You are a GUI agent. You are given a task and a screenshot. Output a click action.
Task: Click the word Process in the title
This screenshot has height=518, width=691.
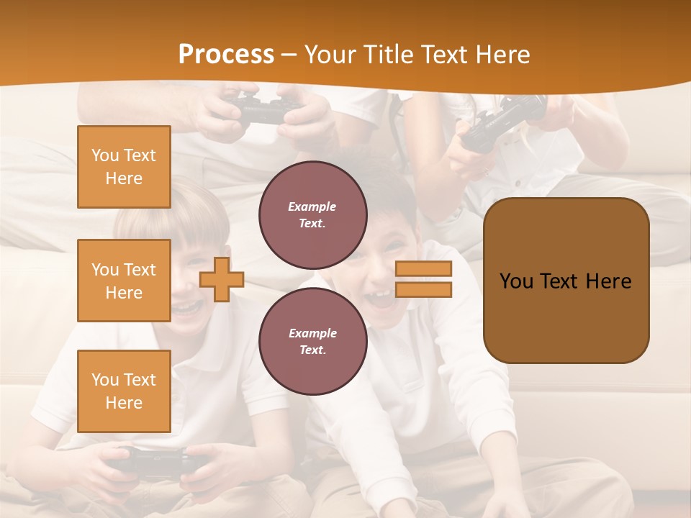click(x=226, y=55)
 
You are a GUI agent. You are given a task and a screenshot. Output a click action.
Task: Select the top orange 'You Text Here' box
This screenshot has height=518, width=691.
click(x=124, y=167)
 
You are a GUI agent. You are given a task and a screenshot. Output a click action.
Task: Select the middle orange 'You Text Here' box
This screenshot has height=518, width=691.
click(x=124, y=281)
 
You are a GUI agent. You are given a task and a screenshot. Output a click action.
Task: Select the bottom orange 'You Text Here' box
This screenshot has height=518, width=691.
click(x=124, y=391)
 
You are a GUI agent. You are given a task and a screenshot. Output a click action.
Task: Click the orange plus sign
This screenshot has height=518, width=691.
click(x=222, y=279)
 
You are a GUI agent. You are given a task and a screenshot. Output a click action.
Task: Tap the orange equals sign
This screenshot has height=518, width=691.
click(x=424, y=279)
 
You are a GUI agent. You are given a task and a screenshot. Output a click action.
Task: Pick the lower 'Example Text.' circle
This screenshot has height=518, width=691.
click(x=312, y=341)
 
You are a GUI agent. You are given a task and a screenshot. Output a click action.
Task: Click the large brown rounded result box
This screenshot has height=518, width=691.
click(x=566, y=281)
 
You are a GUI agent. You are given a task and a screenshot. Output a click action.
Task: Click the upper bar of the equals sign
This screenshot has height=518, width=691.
click(x=424, y=268)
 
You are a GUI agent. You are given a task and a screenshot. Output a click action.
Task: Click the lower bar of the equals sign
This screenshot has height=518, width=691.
click(x=424, y=290)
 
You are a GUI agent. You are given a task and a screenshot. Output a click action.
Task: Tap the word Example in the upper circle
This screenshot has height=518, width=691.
click(x=312, y=206)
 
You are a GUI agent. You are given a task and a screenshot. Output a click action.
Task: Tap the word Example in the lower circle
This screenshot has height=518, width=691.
click(x=312, y=333)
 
